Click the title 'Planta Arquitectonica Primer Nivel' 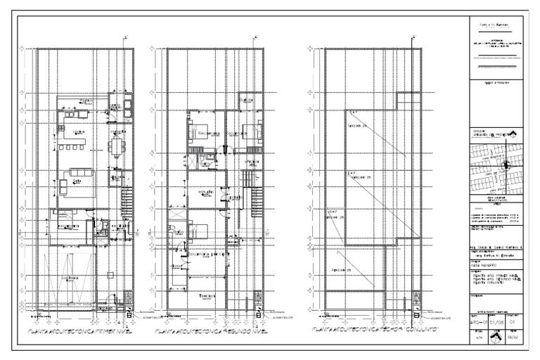click(82, 329)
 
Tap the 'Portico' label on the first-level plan click(86, 101)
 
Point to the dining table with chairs click(115, 148)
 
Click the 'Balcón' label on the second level click(245, 101)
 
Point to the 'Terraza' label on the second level click(207, 295)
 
